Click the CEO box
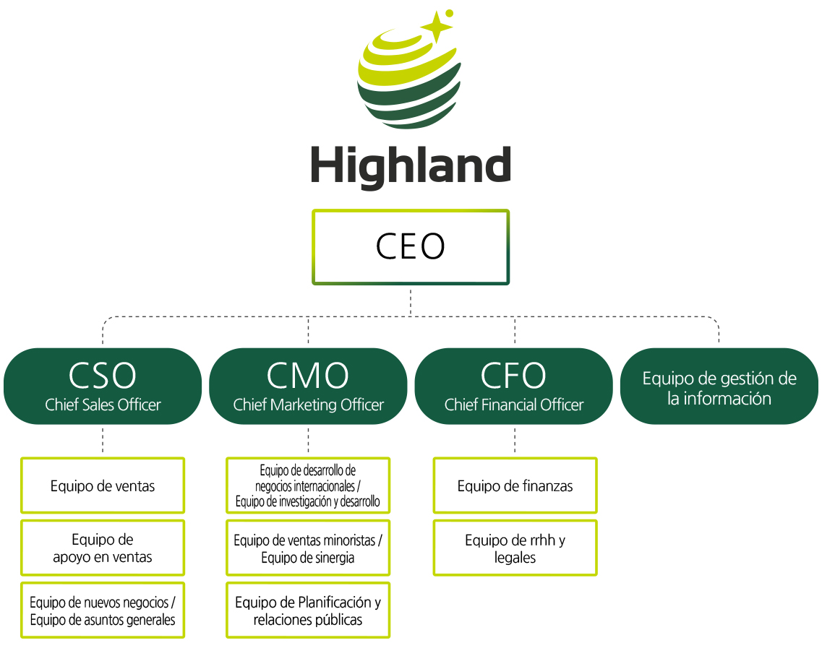pyautogui.click(x=411, y=247)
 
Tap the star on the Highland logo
pyautogui.click(x=437, y=26)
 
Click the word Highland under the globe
pyautogui.click(x=411, y=165)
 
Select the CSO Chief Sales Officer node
pyautogui.click(x=103, y=386)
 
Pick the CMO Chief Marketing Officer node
pyautogui.click(x=308, y=386)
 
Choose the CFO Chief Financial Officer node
pyautogui.click(x=514, y=386)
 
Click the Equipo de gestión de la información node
pyautogui.click(x=719, y=386)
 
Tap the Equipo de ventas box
pyautogui.click(x=103, y=485)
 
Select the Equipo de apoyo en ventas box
pyautogui.click(x=103, y=548)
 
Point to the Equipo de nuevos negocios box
pyautogui.click(x=103, y=610)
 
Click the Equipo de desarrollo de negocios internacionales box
pyautogui.click(x=308, y=485)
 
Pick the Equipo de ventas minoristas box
pyautogui.click(x=308, y=548)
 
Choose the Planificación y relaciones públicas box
pyautogui.click(x=308, y=610)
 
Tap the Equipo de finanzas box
pyautogui.click(x=515, y=485)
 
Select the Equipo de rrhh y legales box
pyautogui.click(x=515, y=548)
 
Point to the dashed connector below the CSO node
pyautogui.click(x=103, y=440)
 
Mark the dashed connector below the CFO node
pyautogui.click(x=515, y=440)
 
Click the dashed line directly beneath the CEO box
pyautogui.click(x=411, y=301)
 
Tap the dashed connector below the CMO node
pyautogui.click(x=308, y=440)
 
